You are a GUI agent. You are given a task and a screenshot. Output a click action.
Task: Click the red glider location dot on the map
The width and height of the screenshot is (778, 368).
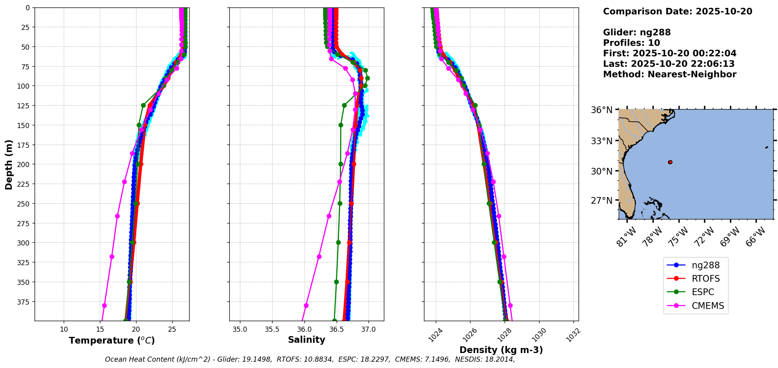[x=670, y=162]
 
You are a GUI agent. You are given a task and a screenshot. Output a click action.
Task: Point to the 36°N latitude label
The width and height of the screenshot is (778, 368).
[x=602, y=110]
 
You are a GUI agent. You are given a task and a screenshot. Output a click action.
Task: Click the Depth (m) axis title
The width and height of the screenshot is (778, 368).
[x=9, y=164]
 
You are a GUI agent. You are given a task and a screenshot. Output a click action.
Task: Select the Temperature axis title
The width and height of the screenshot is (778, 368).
[x=112, y=340]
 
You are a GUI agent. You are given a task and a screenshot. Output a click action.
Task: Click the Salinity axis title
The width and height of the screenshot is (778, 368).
[x=306, y=340]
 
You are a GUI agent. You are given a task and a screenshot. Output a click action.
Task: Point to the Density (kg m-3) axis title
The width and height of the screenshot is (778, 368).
[x=501, y=350]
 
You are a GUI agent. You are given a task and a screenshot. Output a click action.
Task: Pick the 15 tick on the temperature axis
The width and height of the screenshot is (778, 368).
[x=100, y=329]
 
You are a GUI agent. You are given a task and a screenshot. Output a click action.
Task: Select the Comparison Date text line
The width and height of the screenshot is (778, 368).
[x=677, y=11]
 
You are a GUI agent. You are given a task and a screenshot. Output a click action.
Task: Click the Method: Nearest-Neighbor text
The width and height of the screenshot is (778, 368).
[x=669, y=74]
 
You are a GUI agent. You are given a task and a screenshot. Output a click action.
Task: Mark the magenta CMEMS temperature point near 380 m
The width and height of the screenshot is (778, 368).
[x=104, y=305]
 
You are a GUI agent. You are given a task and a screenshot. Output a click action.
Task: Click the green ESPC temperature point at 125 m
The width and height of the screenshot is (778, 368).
[x=143, y=105]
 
